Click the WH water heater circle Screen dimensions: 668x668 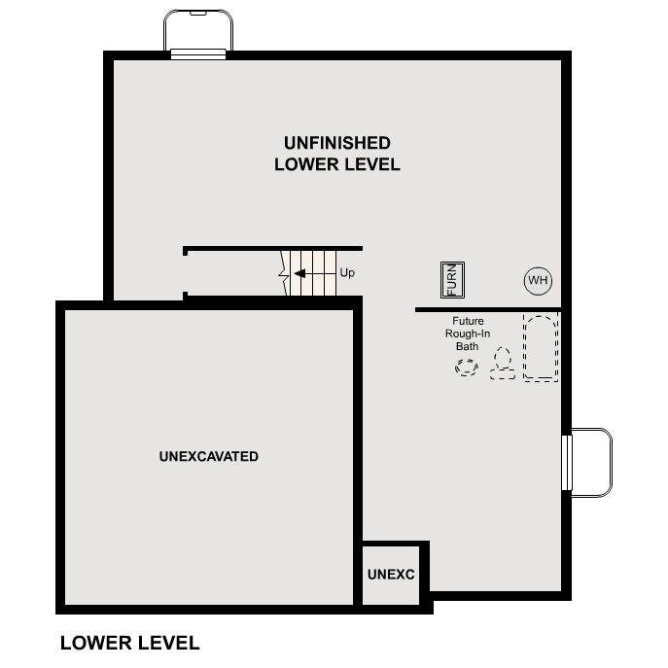point(538,281)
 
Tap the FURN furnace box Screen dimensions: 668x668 point(452,280)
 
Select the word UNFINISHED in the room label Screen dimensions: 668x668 point(337,143)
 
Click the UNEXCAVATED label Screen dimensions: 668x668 point(208,456)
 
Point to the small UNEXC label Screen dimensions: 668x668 point(391,575)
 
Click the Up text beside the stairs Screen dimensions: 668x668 point(347,273)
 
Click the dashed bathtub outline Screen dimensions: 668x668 point(542,347)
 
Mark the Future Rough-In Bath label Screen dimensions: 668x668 point(468,333)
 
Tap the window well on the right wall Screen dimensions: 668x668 point(591,462)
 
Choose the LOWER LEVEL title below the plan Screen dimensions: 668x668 point(129,643)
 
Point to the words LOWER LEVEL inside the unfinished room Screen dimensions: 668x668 point(337,164)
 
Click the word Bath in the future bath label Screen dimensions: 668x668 point(468,345)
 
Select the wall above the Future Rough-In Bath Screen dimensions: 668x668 point(487,309)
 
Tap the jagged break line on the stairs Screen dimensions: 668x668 point(285,272)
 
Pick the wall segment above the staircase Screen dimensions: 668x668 point(273,249)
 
